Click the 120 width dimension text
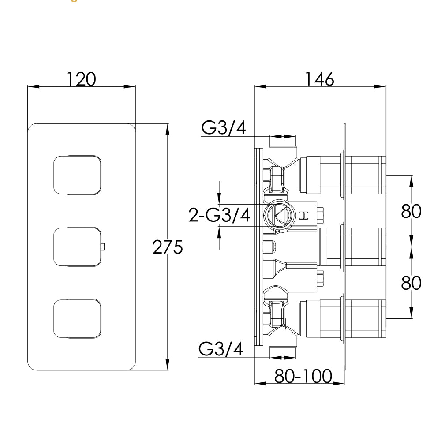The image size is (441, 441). tap(81, 79)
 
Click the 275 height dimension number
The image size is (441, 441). tap(167, 248)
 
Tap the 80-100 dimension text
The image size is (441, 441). tap(303, 376)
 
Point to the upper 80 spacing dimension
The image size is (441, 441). tap(411, 212)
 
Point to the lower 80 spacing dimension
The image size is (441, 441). tap(411, 283)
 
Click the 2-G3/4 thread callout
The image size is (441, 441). tap(219, 216)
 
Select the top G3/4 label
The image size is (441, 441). tap(224, 128)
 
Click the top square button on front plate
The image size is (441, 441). tap(77, 174)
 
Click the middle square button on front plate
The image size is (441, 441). tap(77, 247)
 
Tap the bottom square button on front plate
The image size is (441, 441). tap(77, 319)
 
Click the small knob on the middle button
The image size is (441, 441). tap(103, 247)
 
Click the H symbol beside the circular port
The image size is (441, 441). tap(303, 216)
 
